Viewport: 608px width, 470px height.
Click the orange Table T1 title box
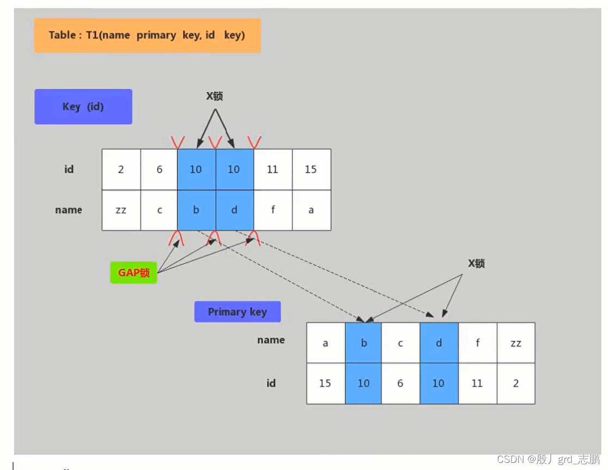(147, 35)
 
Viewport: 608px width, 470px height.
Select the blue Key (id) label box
(83, 107)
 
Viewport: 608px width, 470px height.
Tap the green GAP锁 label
(133, 273)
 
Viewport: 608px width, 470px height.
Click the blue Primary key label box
(237, 312)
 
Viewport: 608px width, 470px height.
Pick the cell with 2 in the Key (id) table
(121, 169)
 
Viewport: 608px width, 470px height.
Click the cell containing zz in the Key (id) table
(121, 210)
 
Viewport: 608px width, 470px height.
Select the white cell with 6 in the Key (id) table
(159, 169)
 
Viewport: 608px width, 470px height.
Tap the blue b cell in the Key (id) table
(196, 210)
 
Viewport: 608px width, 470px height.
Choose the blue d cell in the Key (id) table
(234, 210)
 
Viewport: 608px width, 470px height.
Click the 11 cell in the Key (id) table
(273, 169)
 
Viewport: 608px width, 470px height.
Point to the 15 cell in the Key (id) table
(311, 169)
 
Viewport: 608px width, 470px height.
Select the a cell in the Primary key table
(326, 343)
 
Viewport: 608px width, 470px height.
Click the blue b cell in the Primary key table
(363, 343)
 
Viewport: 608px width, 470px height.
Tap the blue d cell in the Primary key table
(439, 343)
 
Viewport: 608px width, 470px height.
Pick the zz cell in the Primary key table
(515, 343)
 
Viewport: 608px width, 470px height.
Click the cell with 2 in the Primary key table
(515, 383)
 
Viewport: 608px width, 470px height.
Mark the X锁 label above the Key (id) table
(214, 96)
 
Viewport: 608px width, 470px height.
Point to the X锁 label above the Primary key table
(476, 264)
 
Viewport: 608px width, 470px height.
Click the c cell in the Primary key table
(401, 343)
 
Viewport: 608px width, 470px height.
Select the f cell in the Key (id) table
(273, 210)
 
